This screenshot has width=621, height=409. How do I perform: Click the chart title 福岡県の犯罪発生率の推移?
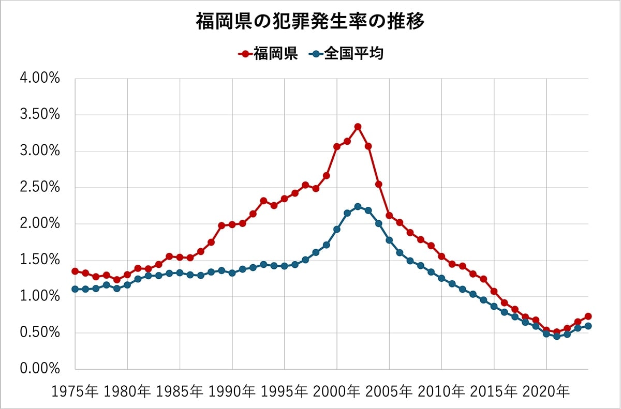coord(310,22)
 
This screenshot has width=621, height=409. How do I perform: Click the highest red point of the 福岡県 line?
coord(358,127)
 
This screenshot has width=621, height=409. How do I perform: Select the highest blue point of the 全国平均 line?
coord(358,207)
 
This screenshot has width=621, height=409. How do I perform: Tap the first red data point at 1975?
coord(75,271)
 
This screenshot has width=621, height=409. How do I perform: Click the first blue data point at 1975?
coord(75,289)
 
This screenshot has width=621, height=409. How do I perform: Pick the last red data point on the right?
coord(588,316)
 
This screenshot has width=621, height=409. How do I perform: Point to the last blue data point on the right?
coord(588,326)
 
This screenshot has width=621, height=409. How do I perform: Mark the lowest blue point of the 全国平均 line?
coord(556,336)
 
